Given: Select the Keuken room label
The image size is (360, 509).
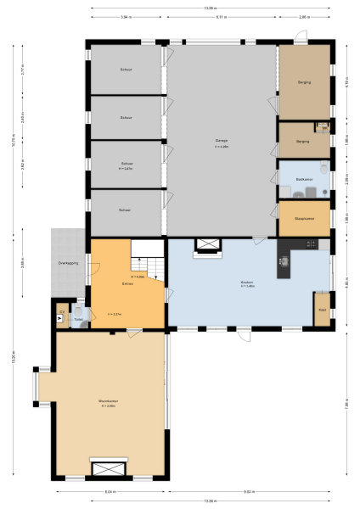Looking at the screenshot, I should pos(249,282).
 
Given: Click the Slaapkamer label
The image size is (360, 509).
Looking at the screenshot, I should pos(305,218).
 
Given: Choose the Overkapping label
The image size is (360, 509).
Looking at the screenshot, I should pos(68,264).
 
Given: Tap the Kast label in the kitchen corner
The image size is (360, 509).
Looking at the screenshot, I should pos(322,310).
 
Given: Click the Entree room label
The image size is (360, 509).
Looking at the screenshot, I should pos(127,283).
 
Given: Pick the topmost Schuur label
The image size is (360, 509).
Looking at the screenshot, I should pos(126,69).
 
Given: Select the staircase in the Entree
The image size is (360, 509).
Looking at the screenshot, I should pos(148,254).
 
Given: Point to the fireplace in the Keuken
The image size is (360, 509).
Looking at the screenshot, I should pos(207,246).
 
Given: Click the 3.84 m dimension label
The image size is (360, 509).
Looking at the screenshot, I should pos(125,17).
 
